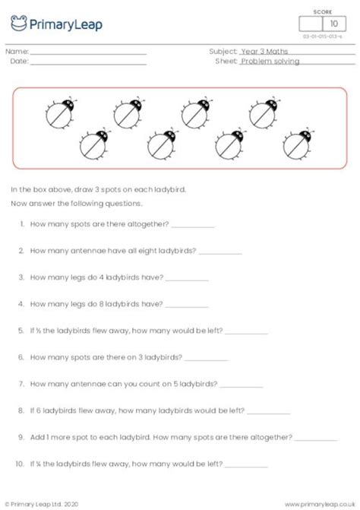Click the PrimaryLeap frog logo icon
pos(18,24)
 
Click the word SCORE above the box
pos(324,11)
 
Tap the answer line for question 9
pos(315,438)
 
